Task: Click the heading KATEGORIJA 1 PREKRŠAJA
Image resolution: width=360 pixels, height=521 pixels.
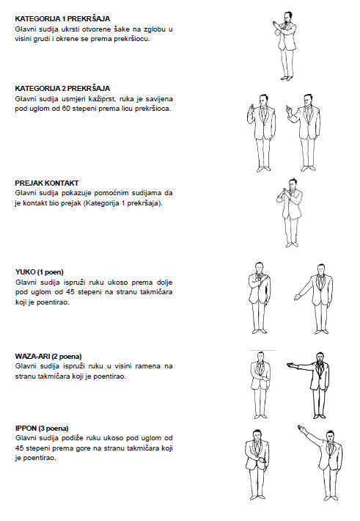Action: [x=62, y=18]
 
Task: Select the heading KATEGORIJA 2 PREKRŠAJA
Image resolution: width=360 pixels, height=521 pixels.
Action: [x=62, y=88]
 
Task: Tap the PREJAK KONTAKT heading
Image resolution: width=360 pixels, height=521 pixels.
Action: [x=47, y=183]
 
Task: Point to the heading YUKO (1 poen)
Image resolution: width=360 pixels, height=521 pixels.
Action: [x=39, y=272]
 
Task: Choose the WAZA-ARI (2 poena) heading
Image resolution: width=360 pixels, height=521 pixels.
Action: [x=48, y=357]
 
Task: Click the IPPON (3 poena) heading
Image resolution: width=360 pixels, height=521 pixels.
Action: [x=42, y=429]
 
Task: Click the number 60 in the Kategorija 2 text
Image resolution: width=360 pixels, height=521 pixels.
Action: [x=66, y=109]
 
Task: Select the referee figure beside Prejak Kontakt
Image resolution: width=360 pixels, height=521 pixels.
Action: [x=290, y=213]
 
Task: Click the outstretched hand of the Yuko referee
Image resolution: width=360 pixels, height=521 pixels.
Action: [x=297, y=296]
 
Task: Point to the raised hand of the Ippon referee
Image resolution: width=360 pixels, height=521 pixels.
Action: [x=301, y=427]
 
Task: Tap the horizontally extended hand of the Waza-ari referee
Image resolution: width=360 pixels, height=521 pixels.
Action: [x=292, y=365]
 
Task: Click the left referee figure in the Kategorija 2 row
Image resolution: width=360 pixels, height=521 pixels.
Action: [x=262, y=133]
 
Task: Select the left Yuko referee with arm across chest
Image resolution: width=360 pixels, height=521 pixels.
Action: [x=260, y=298]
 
